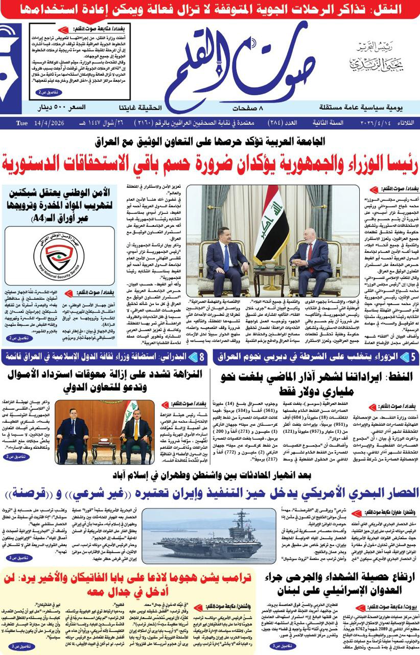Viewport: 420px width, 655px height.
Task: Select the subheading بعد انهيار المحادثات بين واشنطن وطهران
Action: point(210,474)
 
